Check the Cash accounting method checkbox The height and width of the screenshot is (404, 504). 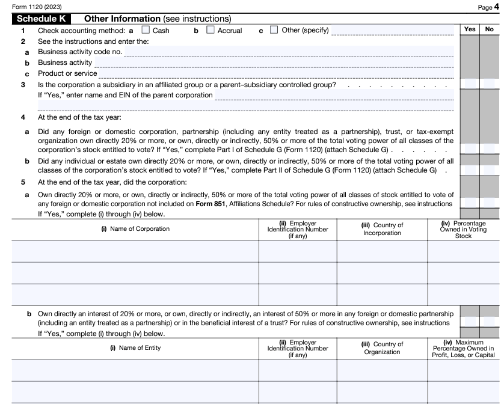146,30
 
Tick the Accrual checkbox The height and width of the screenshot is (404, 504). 211,30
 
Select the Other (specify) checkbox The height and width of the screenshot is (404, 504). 274,30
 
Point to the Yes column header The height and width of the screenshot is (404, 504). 469,29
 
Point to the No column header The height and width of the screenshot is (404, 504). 489,29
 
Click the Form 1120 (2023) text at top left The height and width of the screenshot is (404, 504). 28,7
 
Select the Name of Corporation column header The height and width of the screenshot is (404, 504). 135,228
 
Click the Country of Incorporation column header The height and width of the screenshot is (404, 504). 382,229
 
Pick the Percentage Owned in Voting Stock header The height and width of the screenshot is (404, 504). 464,229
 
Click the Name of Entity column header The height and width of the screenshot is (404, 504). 135,347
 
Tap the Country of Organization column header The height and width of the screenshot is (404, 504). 382,348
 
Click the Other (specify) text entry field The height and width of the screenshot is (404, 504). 393,30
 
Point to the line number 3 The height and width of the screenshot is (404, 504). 23,84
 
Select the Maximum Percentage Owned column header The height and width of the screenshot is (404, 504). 464,348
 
